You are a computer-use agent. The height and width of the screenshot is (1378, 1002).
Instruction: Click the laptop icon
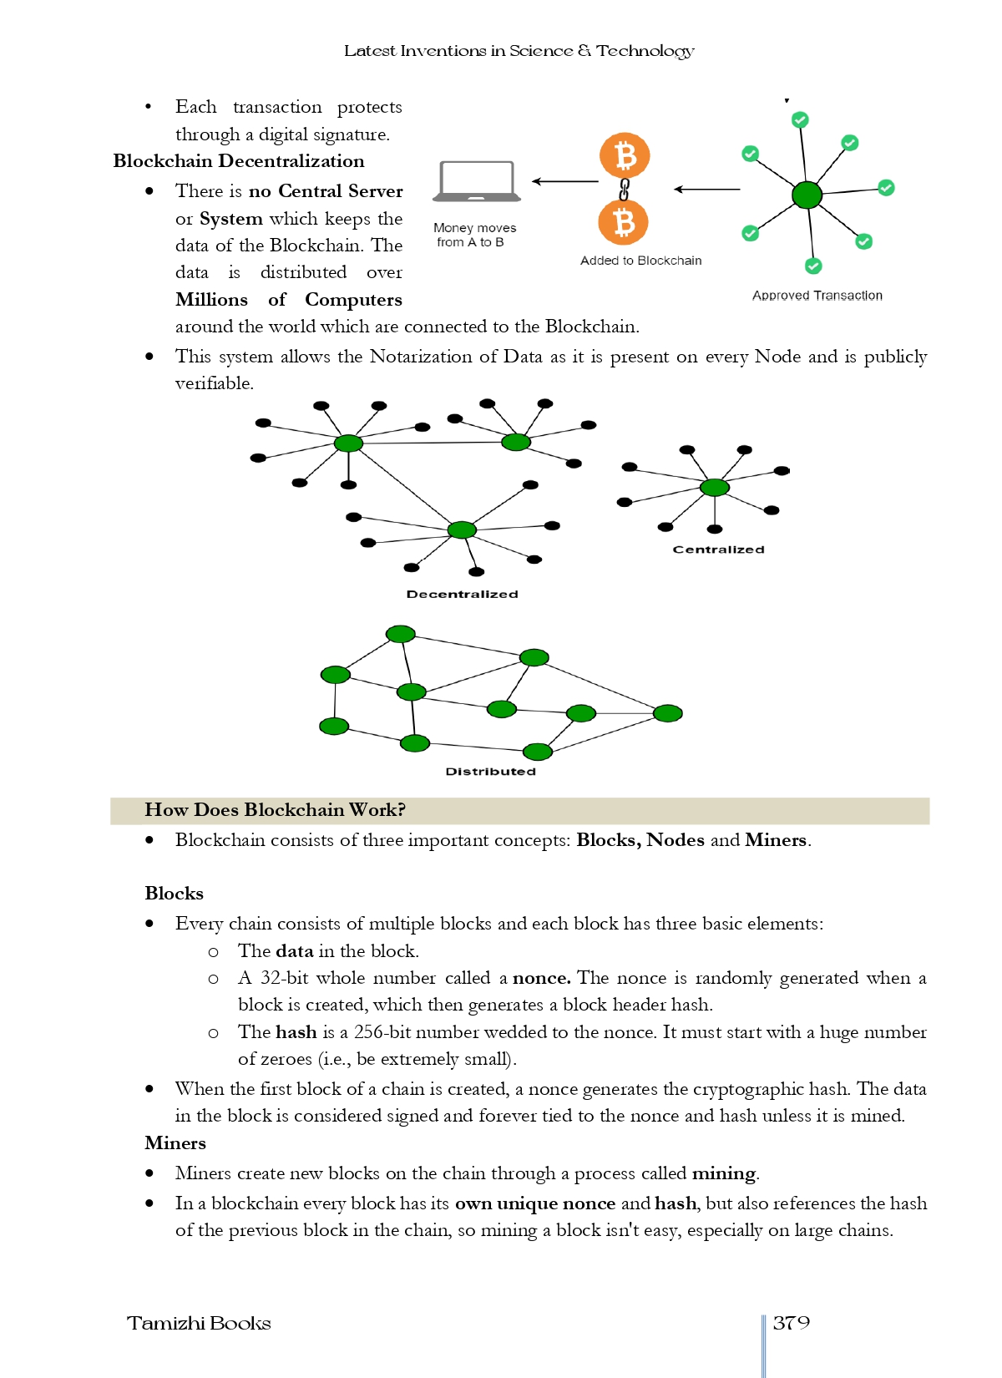point(477,181)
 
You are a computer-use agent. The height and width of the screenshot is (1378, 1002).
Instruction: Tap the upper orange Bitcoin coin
point(625,155)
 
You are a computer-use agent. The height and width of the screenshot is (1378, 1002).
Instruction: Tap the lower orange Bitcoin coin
point(624,223)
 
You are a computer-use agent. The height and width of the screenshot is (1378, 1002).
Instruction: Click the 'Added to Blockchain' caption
point(640,261)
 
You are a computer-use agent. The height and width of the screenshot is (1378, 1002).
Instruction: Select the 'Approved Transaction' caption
point(817,296)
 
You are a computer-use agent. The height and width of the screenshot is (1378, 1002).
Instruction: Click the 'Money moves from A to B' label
point(473,235)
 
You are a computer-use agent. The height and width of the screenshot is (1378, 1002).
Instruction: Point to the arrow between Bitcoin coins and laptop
point(565,181)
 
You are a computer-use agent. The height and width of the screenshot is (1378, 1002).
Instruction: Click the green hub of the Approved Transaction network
point(807,195)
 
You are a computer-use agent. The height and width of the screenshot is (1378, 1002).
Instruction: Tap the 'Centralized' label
point(718,550)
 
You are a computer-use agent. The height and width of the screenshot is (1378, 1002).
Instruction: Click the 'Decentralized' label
point(462,594)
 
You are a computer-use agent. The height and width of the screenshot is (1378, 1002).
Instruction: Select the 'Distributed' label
point(490,772)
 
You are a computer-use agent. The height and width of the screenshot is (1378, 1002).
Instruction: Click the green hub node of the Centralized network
point(715,488)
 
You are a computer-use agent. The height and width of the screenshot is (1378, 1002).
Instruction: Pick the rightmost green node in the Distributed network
point(668,713)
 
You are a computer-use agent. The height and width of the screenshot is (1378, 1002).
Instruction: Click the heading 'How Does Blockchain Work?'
point(275,810)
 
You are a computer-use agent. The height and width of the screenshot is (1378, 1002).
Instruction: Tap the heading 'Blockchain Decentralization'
point(239,161)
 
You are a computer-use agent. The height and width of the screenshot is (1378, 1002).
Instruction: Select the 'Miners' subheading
point(175,1143)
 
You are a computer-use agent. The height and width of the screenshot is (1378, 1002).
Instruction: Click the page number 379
point(791,1323)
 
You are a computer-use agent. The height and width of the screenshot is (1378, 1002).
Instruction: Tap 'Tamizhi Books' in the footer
point(199,1324)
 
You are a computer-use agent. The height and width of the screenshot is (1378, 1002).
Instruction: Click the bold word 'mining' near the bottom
point(723,1173)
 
